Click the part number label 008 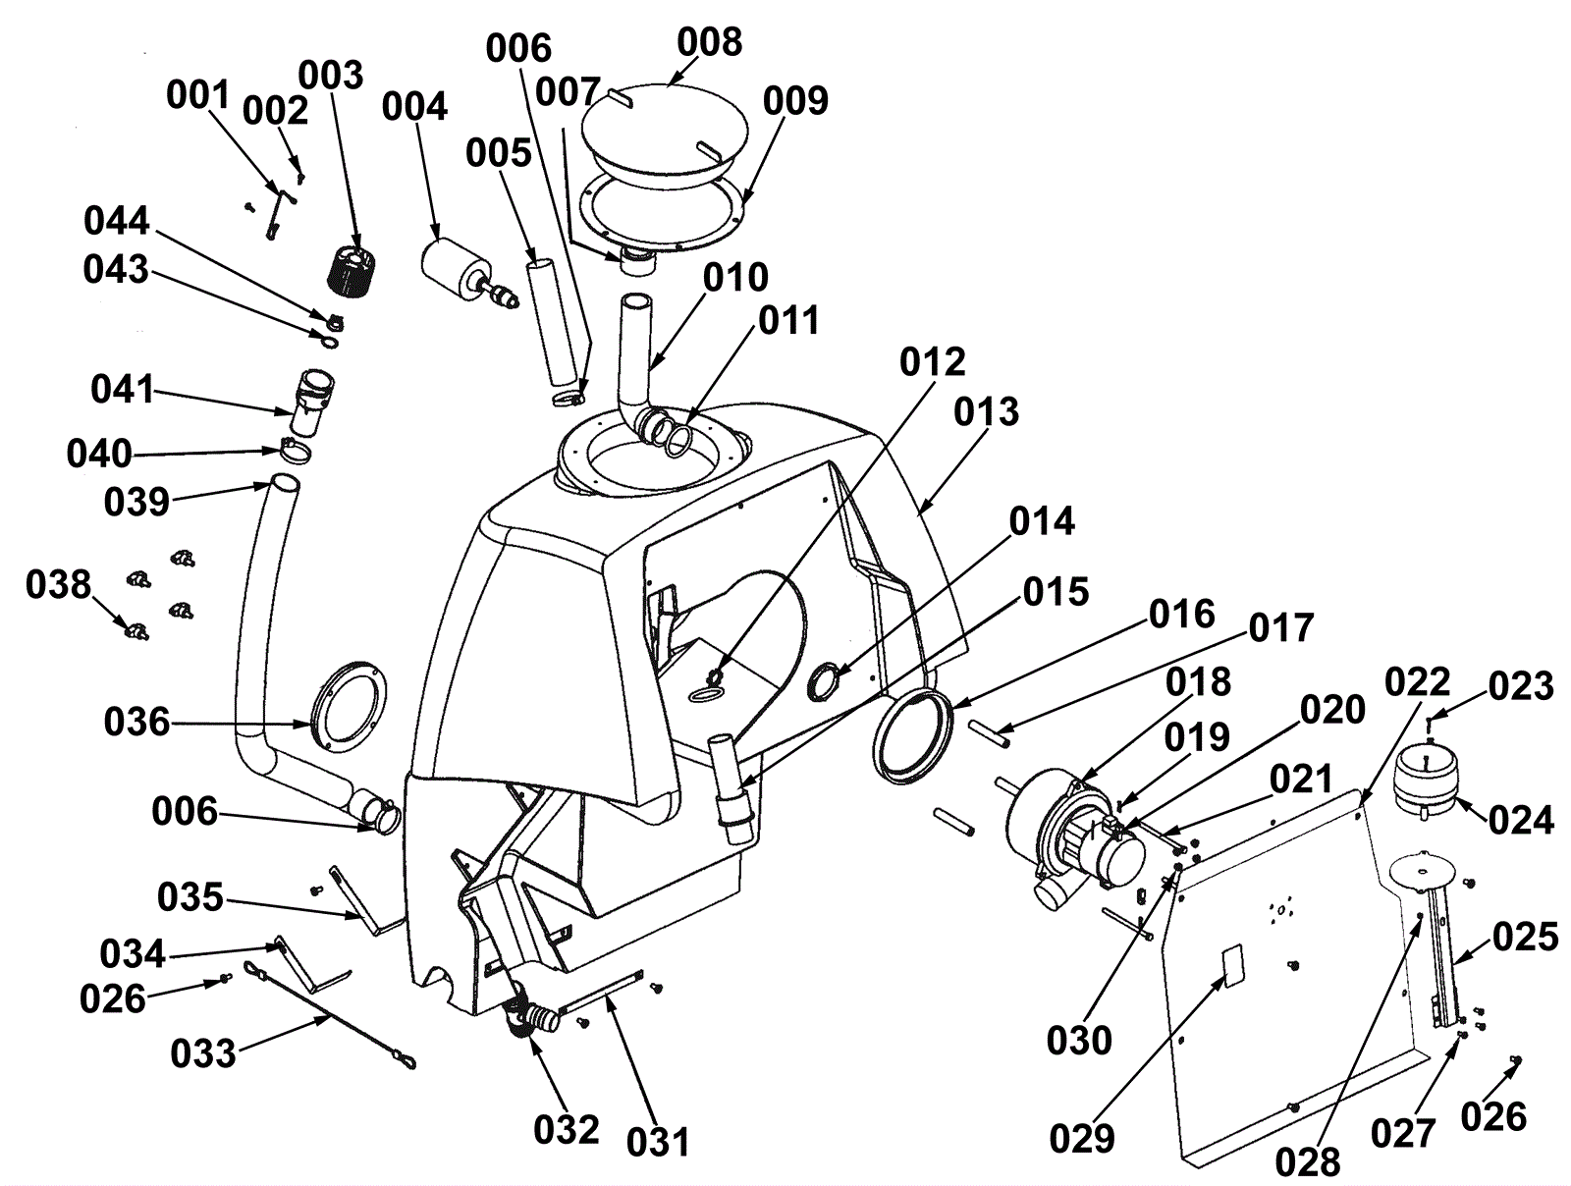click(x=709, y=43)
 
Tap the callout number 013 click(x=986, y=411)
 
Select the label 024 click(x=1521, y=820)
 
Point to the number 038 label click(x=59, y=584)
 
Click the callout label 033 click(x=203, y=1053)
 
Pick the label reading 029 click(x=1082, y=1139)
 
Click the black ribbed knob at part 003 click(x=352, y=270)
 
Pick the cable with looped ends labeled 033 click(x=329, y=1016)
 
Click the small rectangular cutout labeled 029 click(x=1232, y=965)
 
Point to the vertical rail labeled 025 click(x=1442, y=958)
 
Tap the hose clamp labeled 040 click(x=294, y=451)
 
